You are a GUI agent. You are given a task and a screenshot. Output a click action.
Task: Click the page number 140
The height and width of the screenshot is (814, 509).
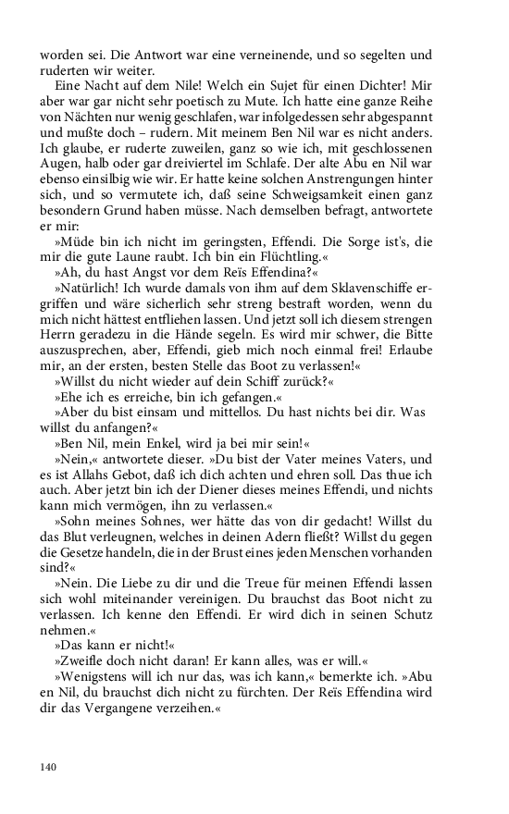click(49, 767)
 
